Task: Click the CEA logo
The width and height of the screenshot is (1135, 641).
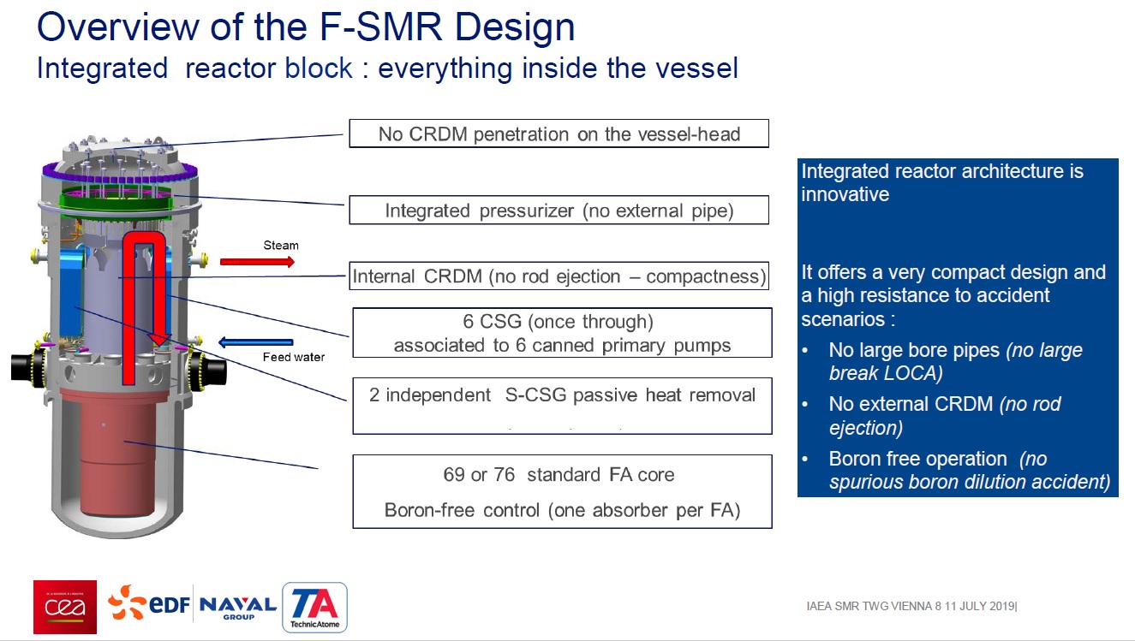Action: (64, 607)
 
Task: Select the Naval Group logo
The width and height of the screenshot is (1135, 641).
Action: (237, 608)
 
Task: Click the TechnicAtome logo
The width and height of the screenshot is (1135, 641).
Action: (314, 608)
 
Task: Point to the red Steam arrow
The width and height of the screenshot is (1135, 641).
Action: (257, 261)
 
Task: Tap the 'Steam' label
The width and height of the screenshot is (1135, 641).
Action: (281, 246)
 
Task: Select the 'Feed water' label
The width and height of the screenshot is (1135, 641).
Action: (293, 357)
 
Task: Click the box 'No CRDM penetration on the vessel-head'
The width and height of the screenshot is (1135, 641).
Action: (559, 134)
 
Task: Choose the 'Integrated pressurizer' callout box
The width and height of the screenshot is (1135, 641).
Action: (559, 210)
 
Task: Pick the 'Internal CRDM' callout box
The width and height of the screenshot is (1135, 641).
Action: (559, 276)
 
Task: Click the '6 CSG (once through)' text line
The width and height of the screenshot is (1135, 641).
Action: (559, 323)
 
